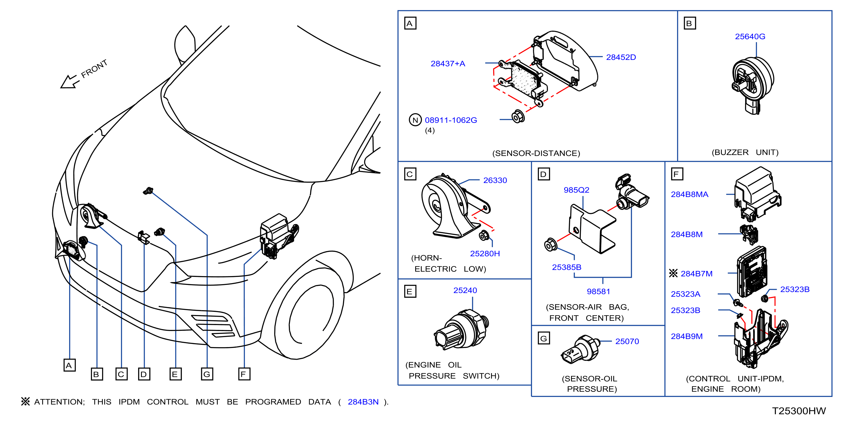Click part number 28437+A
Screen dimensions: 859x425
point(448,64)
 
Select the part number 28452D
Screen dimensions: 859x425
point(621,57)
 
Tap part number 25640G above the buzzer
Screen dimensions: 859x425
point(750,37)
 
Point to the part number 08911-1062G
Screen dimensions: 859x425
point(450,120)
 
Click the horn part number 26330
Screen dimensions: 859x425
point(495,180)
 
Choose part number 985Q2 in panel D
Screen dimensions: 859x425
point(576,190)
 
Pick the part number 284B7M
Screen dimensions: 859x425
point(696,274)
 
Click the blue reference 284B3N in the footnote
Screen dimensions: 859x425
point(363,402)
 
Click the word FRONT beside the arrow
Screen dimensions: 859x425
point(94,69)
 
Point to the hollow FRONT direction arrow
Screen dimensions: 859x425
point(69,82)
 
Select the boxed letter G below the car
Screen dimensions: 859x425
point(207,374)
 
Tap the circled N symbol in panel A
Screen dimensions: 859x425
point(415,120)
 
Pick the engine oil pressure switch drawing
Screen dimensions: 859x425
point(461,329)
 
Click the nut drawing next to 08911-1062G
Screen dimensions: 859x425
point(518,116)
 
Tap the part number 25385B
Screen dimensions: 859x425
point(566,267)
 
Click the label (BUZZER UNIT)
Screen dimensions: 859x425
point(745,153)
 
